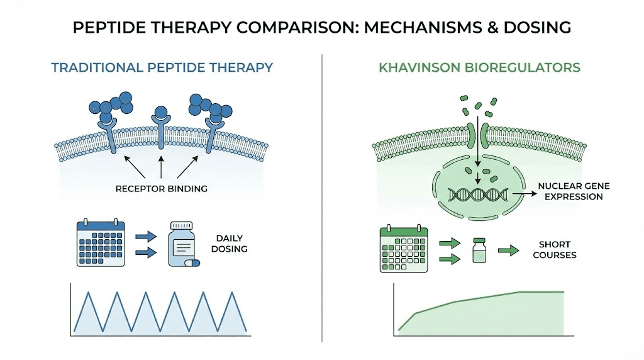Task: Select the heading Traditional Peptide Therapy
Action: pyautogui.click(x=162, y=67)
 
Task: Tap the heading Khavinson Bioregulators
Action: pyautogui.click(x=480, y=67)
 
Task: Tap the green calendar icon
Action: pyautogui.click(x=404, y=249)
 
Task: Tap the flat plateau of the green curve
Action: pyautogui.click(x=541, y=292)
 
